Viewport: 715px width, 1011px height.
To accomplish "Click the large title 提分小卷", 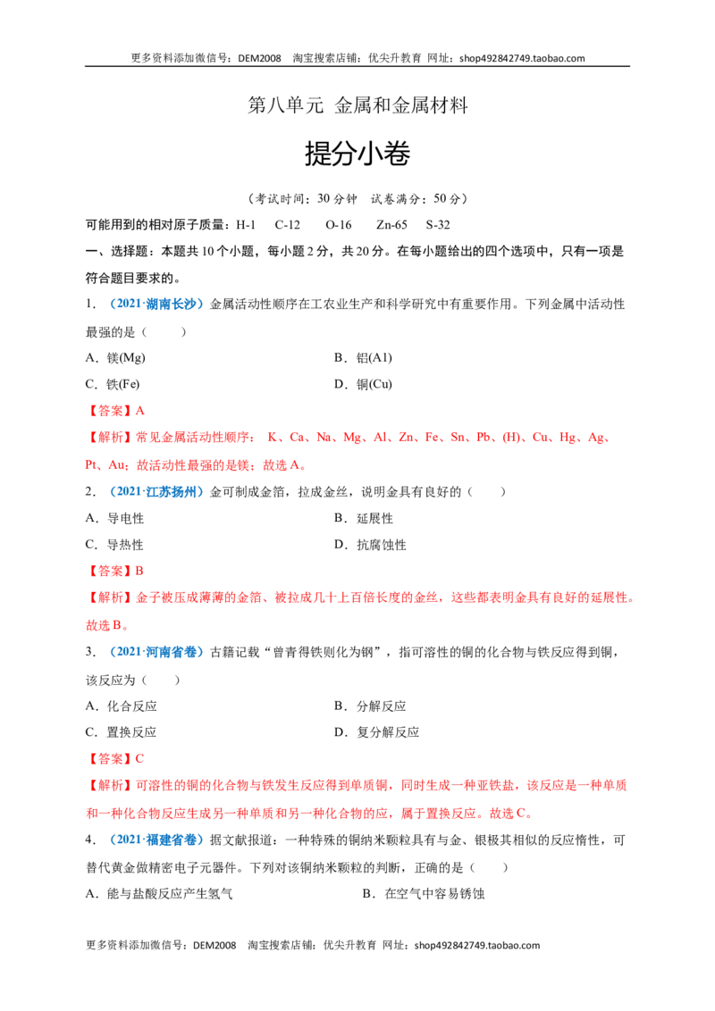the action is tap(357, 155).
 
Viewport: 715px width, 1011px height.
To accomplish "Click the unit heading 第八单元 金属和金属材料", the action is tap(357, 105).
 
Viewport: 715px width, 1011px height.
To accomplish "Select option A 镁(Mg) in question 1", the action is tap(115, 358).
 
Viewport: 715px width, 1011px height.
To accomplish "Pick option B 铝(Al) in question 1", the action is tap(363, 358).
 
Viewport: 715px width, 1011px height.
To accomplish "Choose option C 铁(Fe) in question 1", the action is tap(113, 384).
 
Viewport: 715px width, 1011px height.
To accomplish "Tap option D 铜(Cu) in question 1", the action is tap(363, 384).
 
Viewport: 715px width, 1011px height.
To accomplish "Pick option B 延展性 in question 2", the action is tap(363, 518).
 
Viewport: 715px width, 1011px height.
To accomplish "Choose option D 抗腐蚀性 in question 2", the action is tap(370, 545).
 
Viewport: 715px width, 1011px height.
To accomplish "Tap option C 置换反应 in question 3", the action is tap(121, 732).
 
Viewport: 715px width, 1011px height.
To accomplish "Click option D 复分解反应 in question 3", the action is tap(376, 732).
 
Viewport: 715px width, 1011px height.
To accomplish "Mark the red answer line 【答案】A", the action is tap(115, 411).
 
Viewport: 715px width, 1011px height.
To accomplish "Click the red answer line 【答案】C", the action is tap(115, 759).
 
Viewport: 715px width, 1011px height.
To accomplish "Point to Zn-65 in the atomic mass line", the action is tap(391, 225).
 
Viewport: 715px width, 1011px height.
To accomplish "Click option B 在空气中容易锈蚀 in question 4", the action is tap(424, 894).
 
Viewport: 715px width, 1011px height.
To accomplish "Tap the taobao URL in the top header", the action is tap(522, 58).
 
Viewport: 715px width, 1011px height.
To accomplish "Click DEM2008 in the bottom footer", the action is tap(214, 945).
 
